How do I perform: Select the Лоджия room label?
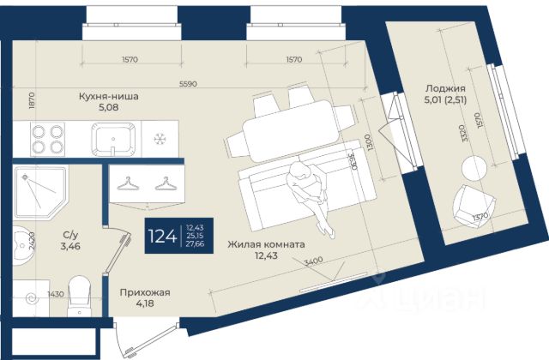tap(444, 88)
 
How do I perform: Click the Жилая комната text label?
tap(267, 244)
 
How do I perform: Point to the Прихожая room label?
tap(144, 293)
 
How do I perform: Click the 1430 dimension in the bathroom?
tap(56, 294)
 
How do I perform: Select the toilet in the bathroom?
tap(80, 294)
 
